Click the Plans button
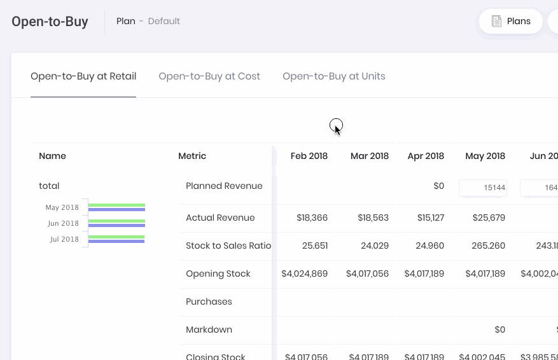(x=510, y=21)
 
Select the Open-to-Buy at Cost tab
(x=209, y=76)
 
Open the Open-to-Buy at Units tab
(x=333, y=76)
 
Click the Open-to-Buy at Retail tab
(x=83, y=76)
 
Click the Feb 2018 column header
(x=309, y=156)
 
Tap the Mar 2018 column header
(x=369, y=156)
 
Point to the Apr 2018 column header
(x=426, y=156)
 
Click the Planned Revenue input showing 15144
(x=483, y=188)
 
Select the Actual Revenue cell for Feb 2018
(x=312, y=218)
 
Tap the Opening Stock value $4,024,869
(x=305, y=273)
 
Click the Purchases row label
(x=209, y=301)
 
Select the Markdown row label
(x=209, y=329)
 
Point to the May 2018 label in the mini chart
(x=62, y=207)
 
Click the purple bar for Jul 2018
(x=116, y=241)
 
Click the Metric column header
(x=192, y=156)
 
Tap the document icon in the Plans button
(x=497, y=21)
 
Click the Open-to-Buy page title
(x=50, y=22)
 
